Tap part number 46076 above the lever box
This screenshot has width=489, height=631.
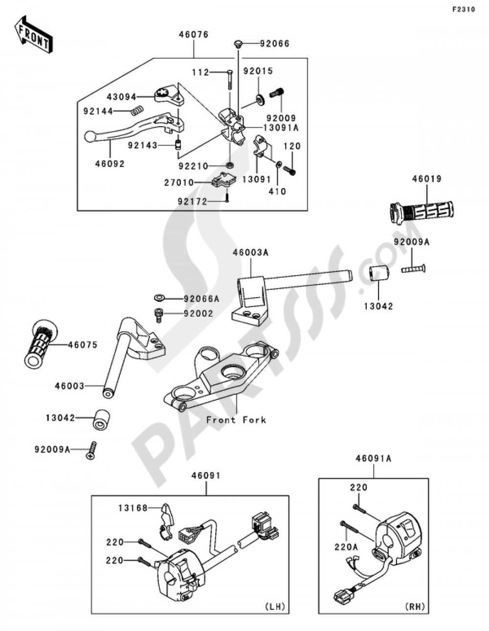193,35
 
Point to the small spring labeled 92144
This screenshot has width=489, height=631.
138,110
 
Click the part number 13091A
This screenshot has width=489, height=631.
282,128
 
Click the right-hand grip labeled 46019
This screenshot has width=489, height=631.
422,211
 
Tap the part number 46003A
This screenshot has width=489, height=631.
251,253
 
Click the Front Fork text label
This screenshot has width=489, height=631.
236,419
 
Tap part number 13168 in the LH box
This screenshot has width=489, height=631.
132,508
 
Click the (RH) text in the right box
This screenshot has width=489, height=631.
415,607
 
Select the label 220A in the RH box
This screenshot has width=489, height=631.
346,547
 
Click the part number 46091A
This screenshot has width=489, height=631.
374,458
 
